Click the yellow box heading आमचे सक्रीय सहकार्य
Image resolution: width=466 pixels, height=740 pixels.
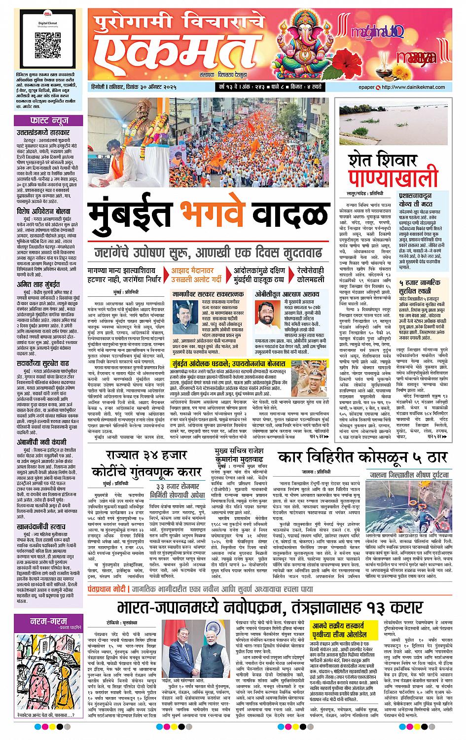coord(341,624)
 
